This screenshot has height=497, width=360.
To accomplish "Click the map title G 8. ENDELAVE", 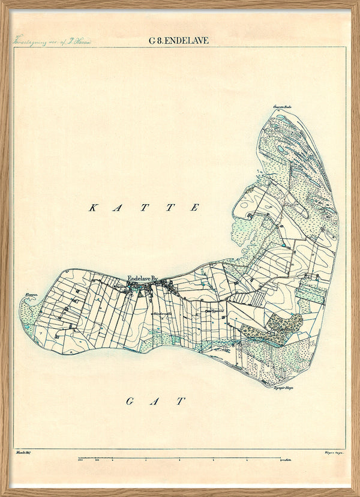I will pyautogui.click(x=179, y=41).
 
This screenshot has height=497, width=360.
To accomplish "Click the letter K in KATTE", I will pyautogui.click(x=93, y=208).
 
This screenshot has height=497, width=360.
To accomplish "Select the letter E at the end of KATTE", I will pyautogui.click(x=195, y=208).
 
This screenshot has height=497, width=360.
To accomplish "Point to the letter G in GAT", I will pyautogui.click(x=129, y=402).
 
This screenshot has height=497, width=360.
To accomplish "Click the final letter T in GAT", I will pyautogui.click(x=181, y=402).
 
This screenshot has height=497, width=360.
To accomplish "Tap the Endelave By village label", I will pyautogui.click(x=142, y=279).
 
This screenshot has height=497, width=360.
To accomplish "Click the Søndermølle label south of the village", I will pyautogui.click(x=161, y=313).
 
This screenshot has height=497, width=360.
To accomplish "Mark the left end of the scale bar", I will pyautogui.click(x=79, y=460).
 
